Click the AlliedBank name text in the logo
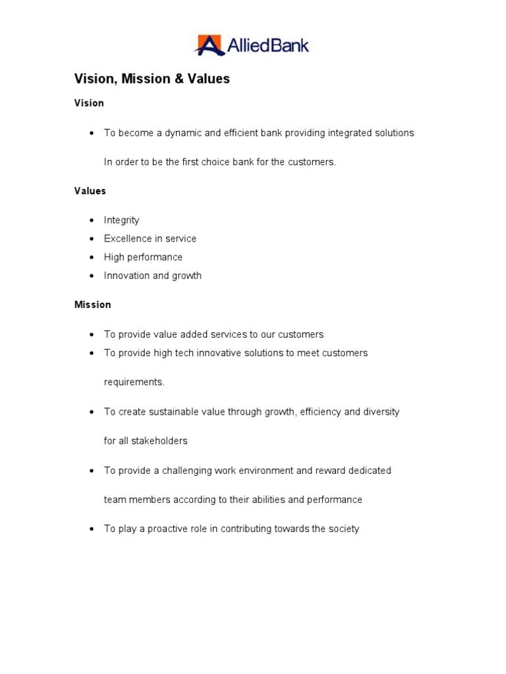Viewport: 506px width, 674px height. pos(267,45)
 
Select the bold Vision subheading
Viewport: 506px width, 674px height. pos(89,103)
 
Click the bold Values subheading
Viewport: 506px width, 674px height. pos(90,191)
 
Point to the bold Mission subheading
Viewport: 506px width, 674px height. pos(92,305)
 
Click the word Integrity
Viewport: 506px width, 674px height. pos(121,220)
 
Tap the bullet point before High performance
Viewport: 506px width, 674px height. pos(92,257)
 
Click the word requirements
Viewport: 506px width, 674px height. pos(134,382)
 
